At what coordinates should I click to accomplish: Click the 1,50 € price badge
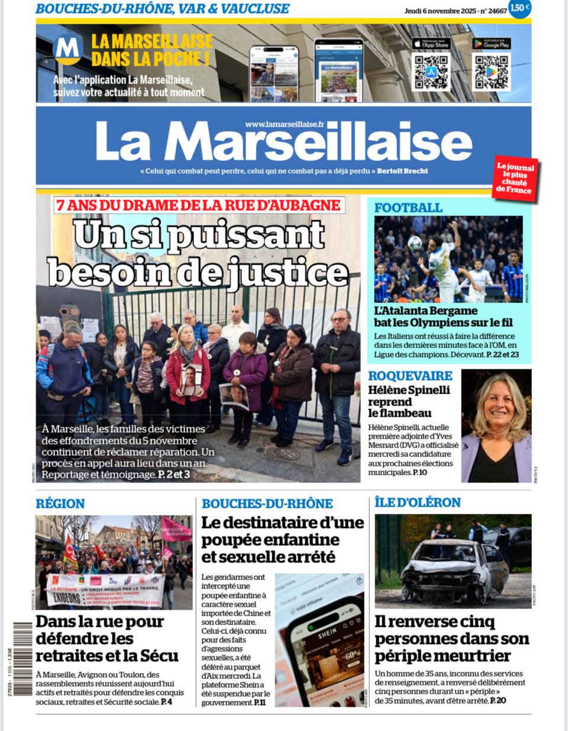point(519,8)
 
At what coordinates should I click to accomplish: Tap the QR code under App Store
point(431,72)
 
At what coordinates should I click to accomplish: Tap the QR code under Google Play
point(491,72)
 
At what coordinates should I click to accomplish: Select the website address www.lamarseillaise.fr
point(285,124)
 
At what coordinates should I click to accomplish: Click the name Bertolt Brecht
point(402,171)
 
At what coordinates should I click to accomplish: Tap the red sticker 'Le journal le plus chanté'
point(515,179)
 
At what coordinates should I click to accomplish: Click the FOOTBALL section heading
point(408,208)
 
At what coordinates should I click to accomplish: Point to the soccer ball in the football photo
point(415,243)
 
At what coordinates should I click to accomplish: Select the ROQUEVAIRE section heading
point(410,376)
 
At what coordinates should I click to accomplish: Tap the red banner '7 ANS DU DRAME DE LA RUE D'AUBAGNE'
point(199,205)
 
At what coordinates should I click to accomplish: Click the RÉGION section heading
point(60,504)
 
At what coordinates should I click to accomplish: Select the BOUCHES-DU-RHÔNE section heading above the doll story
point(267,504)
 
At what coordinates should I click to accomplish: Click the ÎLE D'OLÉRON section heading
point(418,503)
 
